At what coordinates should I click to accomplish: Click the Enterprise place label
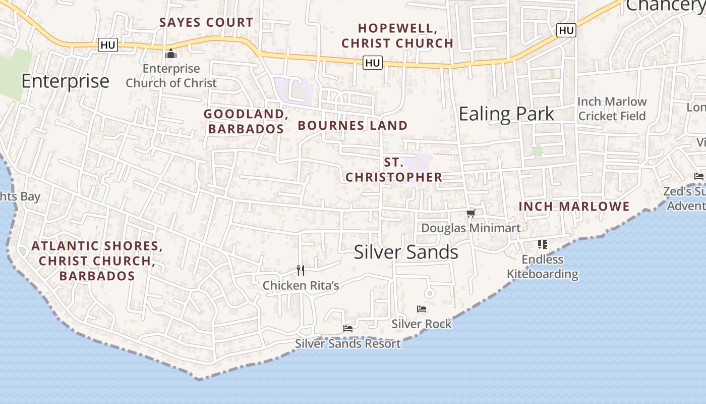point(65,81)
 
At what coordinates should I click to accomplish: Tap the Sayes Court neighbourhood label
point(206,22)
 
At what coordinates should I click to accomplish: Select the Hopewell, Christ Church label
point(397,35)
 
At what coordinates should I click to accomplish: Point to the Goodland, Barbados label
point(246,121)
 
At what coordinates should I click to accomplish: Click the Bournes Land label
point(352,125)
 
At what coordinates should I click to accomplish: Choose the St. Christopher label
point(393,170)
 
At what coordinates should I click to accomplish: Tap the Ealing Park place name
point(506,114)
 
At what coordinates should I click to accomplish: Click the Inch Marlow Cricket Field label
point(612,109)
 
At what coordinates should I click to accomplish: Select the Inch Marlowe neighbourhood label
point(574,206)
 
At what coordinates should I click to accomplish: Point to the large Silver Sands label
point(406,252)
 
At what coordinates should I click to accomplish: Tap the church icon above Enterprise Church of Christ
point(171,53)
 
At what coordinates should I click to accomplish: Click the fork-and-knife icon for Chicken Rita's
point(301,271)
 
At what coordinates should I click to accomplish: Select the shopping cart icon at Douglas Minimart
point(470,214)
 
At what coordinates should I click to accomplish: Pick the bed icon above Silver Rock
point(422,309)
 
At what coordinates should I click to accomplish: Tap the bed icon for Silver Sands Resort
point(347,329)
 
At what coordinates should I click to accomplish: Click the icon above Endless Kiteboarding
point(543,245)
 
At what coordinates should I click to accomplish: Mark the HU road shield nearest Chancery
point(566,30)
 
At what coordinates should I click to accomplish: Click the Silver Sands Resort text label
point(348,344)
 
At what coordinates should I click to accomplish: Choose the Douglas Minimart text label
point(470,228)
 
